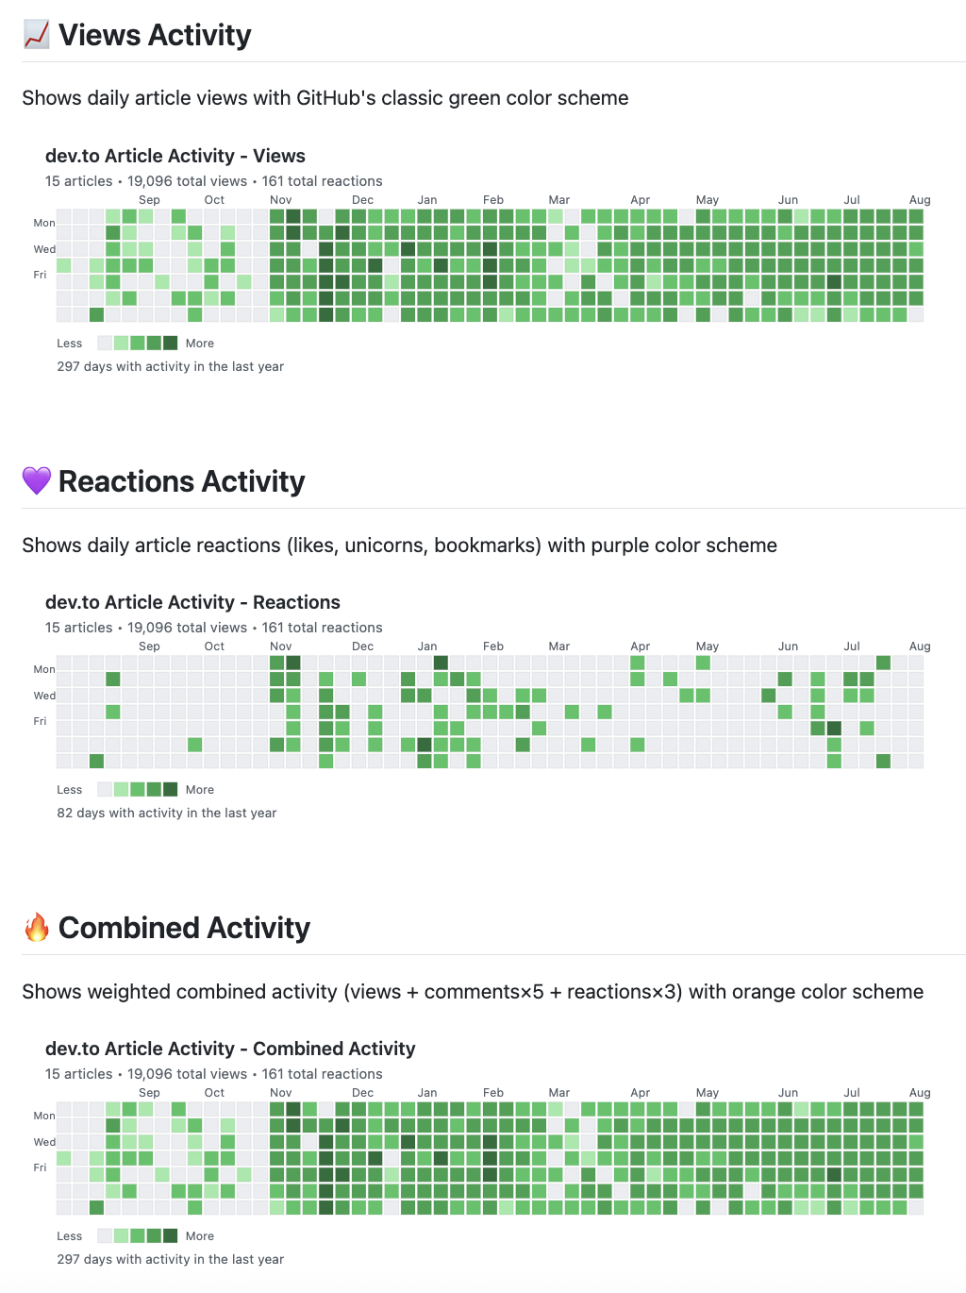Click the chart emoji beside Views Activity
click(x=37, y=35)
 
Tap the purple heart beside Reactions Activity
click(x=37, y=480)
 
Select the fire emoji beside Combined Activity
click(x=37, y=927)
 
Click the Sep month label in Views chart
click(x=149, y=200)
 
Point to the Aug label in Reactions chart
click(x=920, y=646)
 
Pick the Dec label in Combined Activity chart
click(x=362, y=1093)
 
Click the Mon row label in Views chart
click(x=44, y=224)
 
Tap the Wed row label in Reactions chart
click(x=44, y=696)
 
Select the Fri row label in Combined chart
click(x=40, y=1167)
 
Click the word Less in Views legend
click(x=69, y=344)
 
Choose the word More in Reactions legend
click(x=200, y=790)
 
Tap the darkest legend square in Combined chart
click(x=170, y=1235)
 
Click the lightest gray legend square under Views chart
click(x=105, y=343)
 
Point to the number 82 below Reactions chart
click(x=64, y=813)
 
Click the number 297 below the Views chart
click(x=68, y=366)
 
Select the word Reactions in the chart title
click(x=296, y=602)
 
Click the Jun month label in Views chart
click(x=788, y=200)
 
